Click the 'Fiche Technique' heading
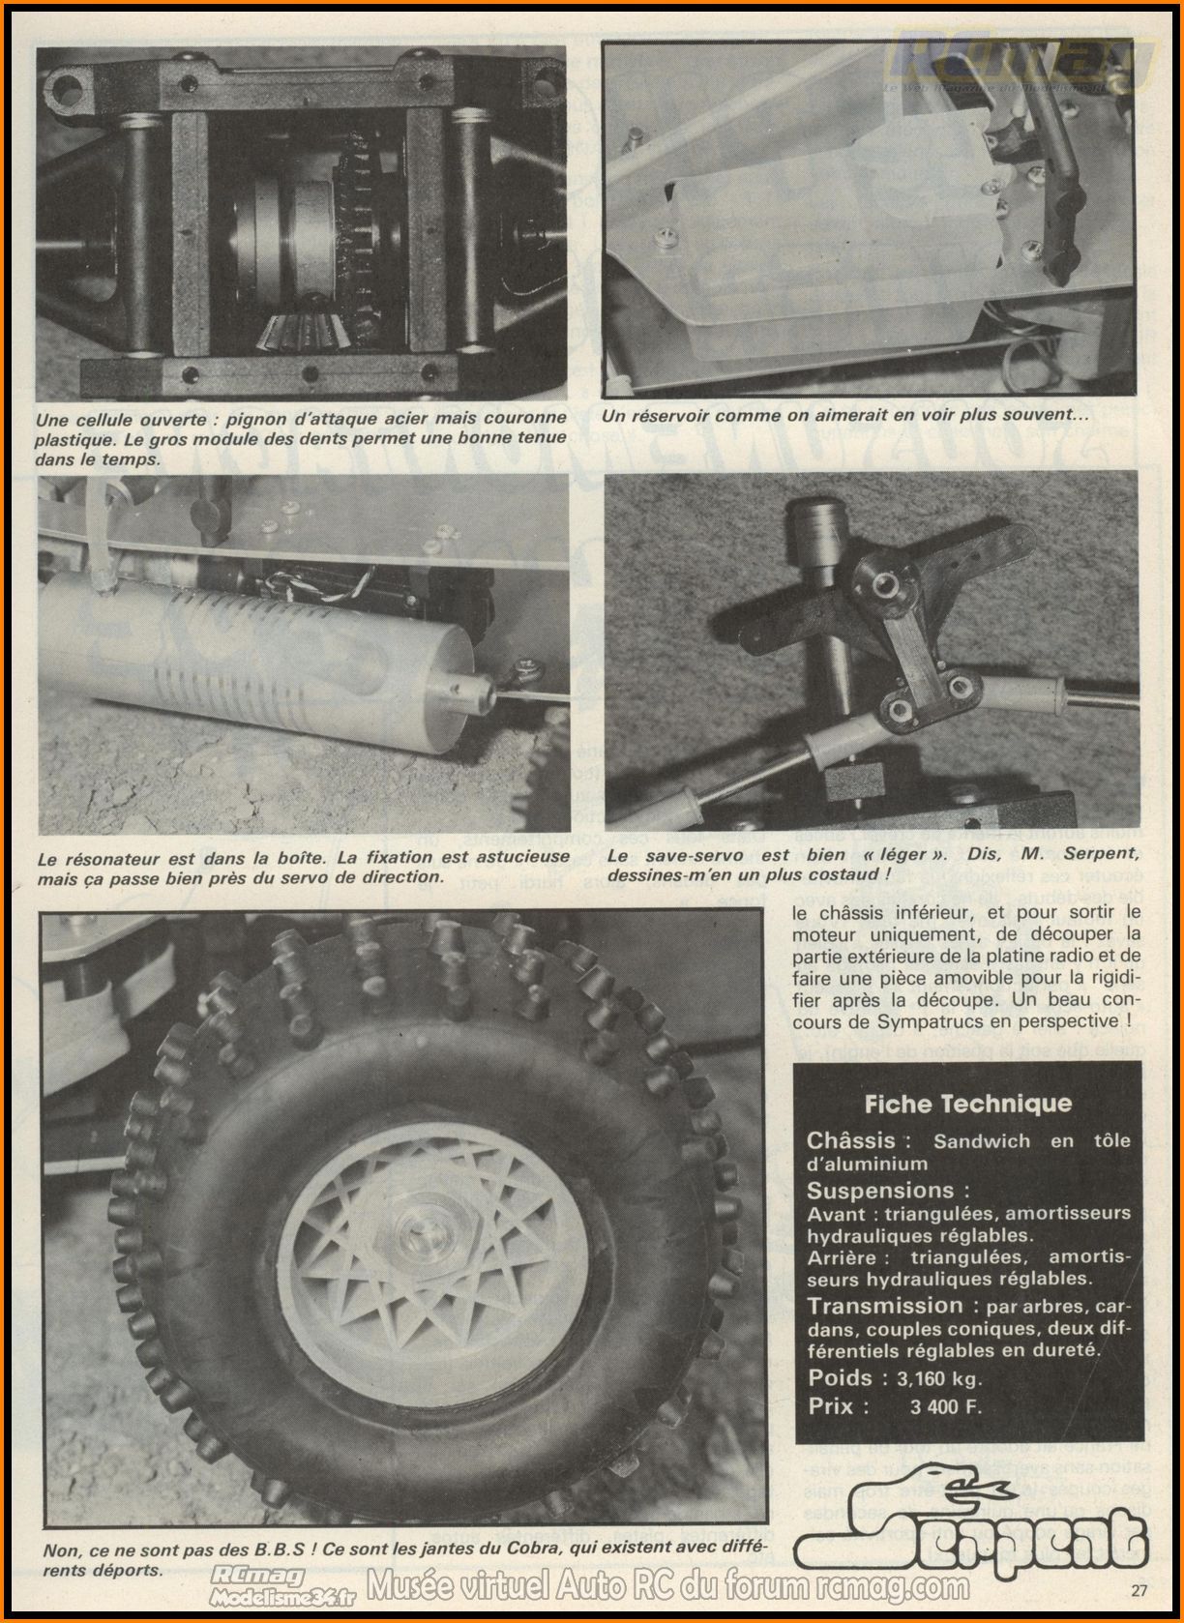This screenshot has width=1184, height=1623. (x=967, y=1103)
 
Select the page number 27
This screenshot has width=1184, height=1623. (x=1138, y=1589)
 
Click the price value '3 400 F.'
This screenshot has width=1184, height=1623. (x=945, y=1406)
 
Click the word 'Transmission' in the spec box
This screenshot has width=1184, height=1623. (x=885, y=1306)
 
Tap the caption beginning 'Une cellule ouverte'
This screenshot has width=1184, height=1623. (x=300, y=438)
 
